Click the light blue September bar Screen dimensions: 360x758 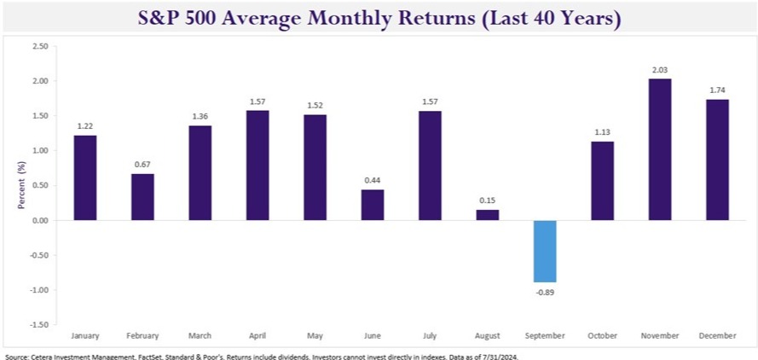click(x=546, y=251)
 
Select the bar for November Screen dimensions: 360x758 click(x=660, y=149)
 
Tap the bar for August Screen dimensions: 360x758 click(x=488, y=215)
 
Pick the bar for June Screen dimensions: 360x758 click(x=373, y=205)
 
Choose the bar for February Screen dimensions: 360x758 click(x=142, y=197)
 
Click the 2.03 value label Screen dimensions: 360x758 click(x=660, y=71)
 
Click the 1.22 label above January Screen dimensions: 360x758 click(x=85, y=127)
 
